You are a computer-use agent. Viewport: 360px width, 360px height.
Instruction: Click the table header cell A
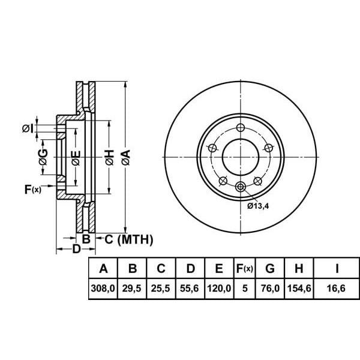point(103,268)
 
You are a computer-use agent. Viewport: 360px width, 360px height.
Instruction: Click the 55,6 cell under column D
point(190,289)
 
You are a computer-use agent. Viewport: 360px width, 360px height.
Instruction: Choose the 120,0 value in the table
point(219,289)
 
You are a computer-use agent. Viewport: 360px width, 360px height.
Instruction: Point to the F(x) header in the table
point(244,268)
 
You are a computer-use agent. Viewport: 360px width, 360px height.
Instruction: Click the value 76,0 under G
point(270,289)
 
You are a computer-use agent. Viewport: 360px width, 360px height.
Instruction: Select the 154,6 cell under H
point(299,289)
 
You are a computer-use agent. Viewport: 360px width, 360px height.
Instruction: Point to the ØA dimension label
point(125,158)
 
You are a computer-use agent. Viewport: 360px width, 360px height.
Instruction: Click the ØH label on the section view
point(108,158)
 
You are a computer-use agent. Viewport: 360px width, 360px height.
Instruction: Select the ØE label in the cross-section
point(76,158)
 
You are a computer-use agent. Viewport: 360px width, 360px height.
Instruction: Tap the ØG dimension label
point(43,157)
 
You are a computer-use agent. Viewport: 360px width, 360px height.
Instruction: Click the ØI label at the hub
point(27,128)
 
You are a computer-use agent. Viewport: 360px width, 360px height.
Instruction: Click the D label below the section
point(76,248)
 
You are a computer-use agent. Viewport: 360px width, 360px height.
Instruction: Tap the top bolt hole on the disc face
point(241,128)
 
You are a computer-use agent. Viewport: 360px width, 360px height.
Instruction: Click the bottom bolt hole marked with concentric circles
point(241,187)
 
